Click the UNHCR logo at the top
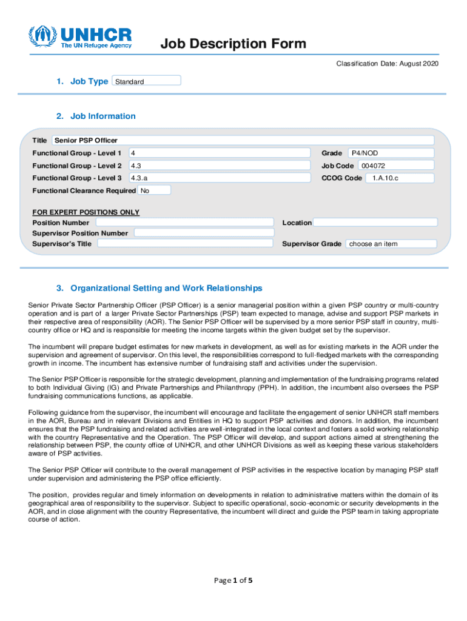(x=81, y=37)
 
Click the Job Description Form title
(x=233, y=44)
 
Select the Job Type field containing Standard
(x=147, y=81)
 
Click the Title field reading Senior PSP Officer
(x=243, y=140)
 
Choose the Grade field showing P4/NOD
(x=390, y=153)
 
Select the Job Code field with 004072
(x=395, y=166)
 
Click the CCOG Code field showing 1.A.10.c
(x=399, y=178)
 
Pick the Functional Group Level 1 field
(x=219, y=153)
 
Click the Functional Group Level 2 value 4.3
(x=219, y=166)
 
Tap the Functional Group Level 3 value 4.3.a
(x=219, y=178)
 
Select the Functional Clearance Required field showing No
(x=154, y=190)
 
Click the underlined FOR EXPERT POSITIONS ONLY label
(x=86, y=212)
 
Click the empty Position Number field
(x=185, y=223)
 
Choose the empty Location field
(x=375, y=223)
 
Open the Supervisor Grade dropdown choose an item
(x=391, y=244)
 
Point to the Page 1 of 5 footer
(x=233, y=580)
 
